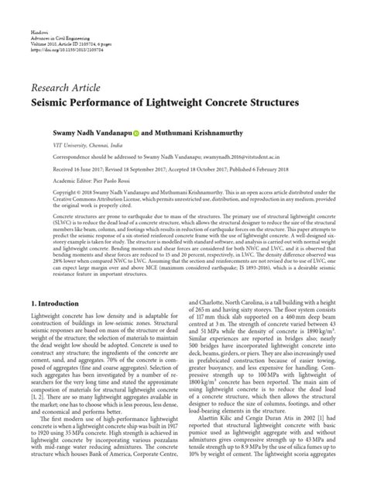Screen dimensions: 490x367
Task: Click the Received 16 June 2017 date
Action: pos(66,167)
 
